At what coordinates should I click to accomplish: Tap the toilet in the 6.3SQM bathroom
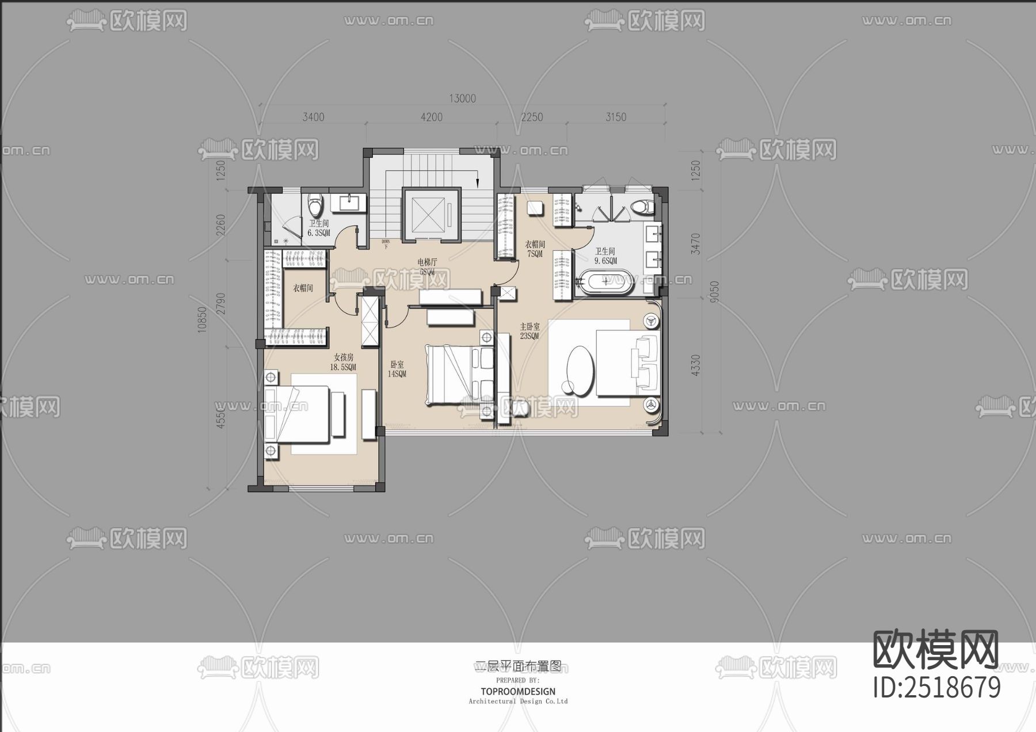coord(315,205)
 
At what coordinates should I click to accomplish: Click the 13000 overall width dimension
coord(462,99)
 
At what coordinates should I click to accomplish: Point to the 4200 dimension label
coord(431,117)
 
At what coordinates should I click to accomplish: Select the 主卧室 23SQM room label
coord(530,331)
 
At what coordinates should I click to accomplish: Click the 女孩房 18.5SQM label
coord(343,362)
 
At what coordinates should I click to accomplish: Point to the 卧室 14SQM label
coord(397,369)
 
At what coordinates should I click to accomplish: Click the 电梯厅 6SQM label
coord(427,266)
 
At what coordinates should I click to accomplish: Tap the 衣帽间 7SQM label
coord(535,249)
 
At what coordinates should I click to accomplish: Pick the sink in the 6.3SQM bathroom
coord(349,203)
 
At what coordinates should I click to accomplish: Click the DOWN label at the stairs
coord(386,242)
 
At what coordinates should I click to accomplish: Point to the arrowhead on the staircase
coord(477,181)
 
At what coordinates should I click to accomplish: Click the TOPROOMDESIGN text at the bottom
coord(518,691)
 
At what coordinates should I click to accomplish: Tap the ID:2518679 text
coord(937,688)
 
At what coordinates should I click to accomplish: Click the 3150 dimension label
coord(615,117)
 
